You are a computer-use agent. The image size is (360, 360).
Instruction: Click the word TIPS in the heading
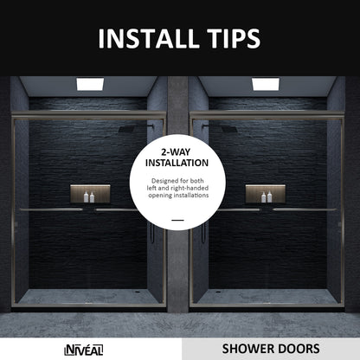tap(228, 39)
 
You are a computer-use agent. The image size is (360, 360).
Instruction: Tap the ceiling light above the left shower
tap(89, 84)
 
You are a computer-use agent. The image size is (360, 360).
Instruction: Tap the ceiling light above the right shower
tap(265, 84)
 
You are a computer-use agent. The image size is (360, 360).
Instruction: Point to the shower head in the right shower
tap(225, 129)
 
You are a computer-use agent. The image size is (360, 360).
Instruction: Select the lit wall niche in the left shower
tap(94, 194)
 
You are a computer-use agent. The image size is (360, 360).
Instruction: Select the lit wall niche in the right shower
tap(263, 194)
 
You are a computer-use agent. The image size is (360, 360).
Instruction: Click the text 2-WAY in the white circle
tap(177, 151)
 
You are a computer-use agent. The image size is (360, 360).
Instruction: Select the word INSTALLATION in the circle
tap(177, 162)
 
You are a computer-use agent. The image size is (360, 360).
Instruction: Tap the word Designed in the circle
tap(161, 179)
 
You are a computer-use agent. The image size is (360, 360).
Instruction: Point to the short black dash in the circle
tap(177, 221)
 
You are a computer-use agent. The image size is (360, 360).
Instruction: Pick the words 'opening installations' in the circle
tap(177, 196)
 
